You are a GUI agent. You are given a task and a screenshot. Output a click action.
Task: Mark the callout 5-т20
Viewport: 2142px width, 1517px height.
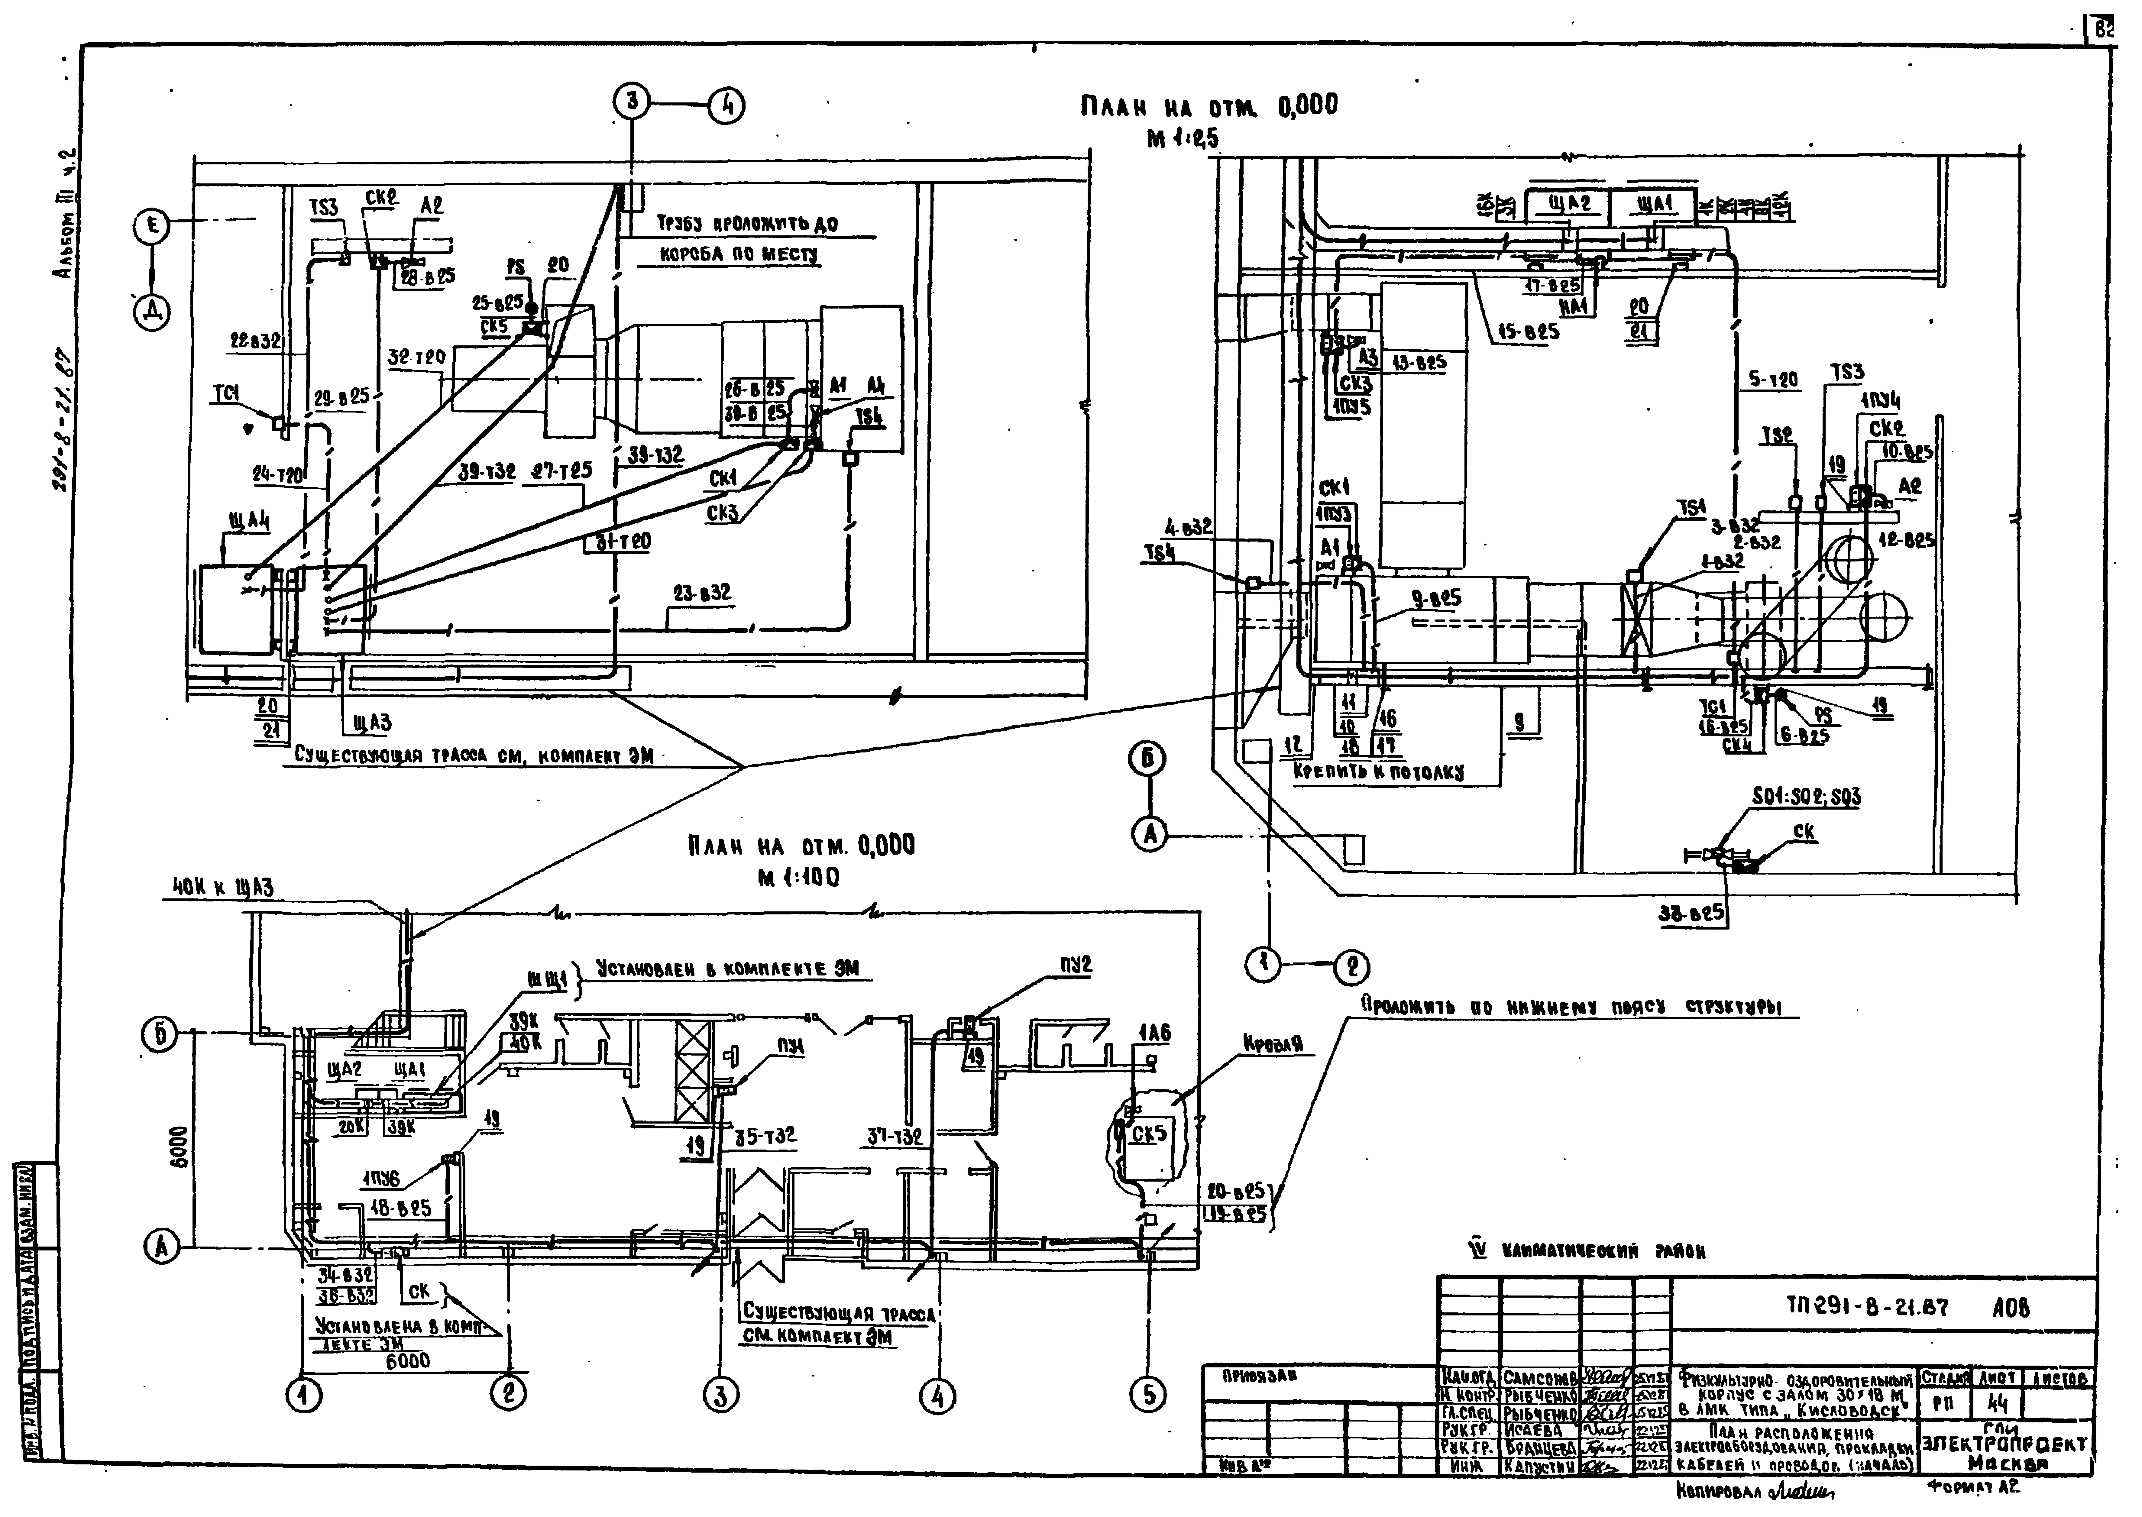click(x=1772, y=380)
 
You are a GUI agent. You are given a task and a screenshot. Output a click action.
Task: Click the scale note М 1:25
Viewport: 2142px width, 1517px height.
click(x=1183, y=138)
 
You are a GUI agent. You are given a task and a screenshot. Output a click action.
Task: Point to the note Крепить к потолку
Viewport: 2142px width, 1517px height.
click(x=1379, y=771)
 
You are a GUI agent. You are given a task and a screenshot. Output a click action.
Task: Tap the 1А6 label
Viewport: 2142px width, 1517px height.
click(x=1154, y=1033)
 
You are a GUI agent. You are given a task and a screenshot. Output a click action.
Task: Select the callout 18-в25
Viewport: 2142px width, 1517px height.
click(x=401, y=1208)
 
